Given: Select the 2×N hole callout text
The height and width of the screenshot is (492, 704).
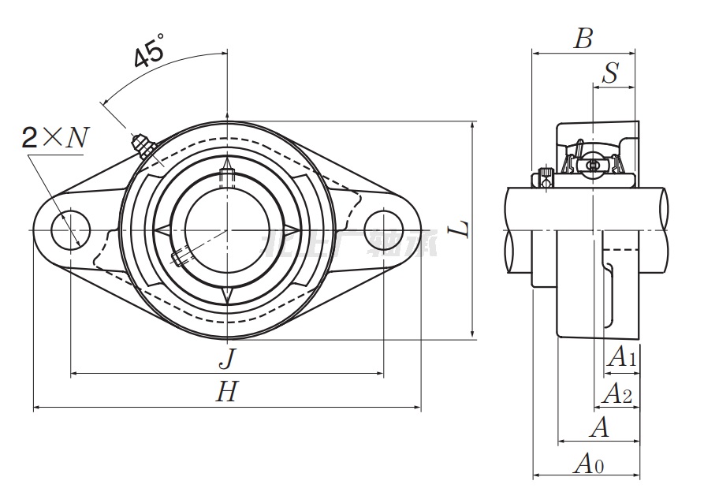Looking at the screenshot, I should [x=54, y=139].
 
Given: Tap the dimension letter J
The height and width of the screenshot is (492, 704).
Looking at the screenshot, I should [x=227, y=359].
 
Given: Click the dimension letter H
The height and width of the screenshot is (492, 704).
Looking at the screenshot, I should [x=227, y=393].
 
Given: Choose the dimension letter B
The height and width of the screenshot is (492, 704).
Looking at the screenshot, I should [x=583, y=39].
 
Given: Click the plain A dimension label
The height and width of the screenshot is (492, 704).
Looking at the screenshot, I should [x=600, y=427].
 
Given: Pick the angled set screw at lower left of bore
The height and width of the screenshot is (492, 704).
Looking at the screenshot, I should [x=181, y=257].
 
